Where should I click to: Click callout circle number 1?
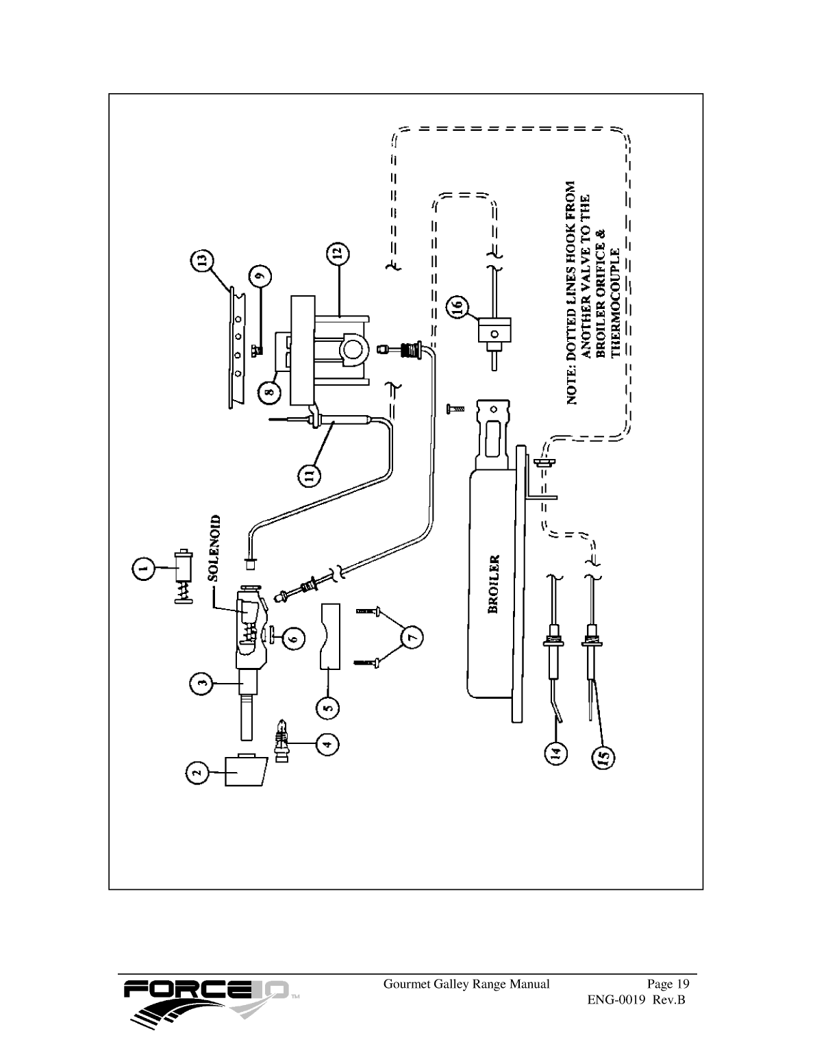tap(142, 567)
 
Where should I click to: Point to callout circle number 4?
tap(327, 743)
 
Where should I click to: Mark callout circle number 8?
tap(269, 392)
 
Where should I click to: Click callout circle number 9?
tap(260, 276)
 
